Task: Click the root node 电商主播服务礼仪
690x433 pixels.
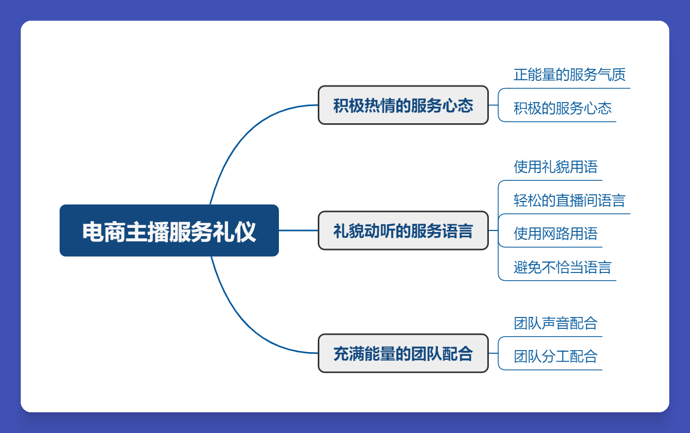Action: [x=169, y=230]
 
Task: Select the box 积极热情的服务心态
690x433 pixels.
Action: [x=403, y=105]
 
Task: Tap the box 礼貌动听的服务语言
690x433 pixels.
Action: [x=403, y=230]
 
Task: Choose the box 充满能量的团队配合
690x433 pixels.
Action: [x=403, y=353]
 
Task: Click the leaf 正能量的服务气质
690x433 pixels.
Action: [x=569, y=75]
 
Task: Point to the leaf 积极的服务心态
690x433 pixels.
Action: [x=562, y=108]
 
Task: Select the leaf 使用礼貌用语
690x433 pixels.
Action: [x=555, y=167]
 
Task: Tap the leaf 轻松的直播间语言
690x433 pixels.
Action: [x=569, y=200]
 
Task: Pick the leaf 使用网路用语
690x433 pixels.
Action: [x=555, y=234]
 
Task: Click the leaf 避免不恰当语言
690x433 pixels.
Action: [x=562, y=267]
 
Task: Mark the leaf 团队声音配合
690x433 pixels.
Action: [x=555, y=323]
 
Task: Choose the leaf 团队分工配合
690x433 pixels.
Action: [x=555, y=356]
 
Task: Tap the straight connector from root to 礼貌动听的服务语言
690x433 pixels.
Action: [x=298, y=230]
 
